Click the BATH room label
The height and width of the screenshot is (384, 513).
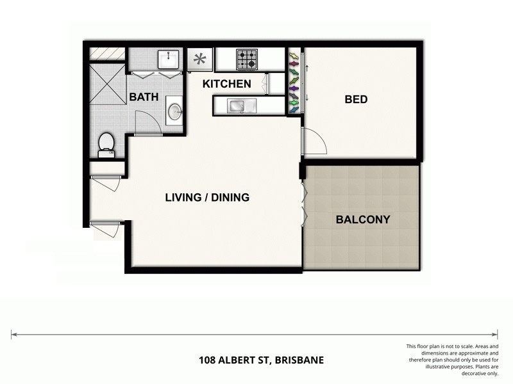point(144,97)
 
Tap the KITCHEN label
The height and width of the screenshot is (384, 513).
point(226,84)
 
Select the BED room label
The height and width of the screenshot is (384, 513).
point(356,99)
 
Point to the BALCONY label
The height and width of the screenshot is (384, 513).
point(363,220)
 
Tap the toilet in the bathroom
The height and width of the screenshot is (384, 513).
point(105,144)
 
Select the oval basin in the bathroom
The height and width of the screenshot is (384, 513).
point(174,111)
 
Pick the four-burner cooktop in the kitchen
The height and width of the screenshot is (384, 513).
point(247,60)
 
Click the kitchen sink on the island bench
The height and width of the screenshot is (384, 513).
point(237,105)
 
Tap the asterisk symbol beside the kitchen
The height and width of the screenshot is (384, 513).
point(200,60)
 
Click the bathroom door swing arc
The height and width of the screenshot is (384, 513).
point(147,122)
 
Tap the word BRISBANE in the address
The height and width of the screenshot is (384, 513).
point(299,360)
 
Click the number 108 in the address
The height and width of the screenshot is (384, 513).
point(207,360)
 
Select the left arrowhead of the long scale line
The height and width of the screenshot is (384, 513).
point(13,334)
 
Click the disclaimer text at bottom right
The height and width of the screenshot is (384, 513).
point(452,360)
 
